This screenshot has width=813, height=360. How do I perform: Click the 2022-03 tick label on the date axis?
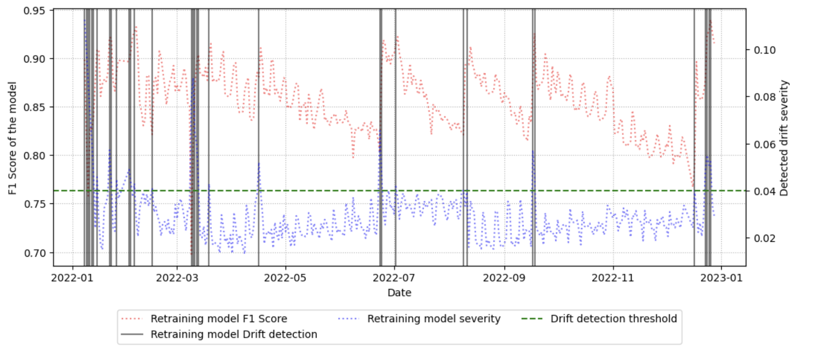(x=177, y=278)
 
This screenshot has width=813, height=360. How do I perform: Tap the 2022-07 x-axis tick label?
(x=394, y=278)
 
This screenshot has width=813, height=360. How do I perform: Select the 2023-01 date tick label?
(x=721, y=278)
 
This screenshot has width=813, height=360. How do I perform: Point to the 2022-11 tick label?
(x=613, y=278)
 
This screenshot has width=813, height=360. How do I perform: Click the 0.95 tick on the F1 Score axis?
(x=34, y=11)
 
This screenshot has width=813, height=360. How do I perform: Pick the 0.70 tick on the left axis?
(x=34, y=253)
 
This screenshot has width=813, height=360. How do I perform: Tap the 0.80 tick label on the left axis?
(x=34, y=156)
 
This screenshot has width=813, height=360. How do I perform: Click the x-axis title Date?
(x=399, y=293)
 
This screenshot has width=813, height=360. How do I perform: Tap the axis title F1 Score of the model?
(x=12, y=138)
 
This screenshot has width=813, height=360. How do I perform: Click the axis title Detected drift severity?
(x=784, y=138)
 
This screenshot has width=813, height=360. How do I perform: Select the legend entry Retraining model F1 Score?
(x=218, y=319)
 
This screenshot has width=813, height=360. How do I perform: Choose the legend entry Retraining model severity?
(x=433, y=319)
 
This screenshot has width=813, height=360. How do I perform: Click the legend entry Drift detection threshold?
(x=613, y=319)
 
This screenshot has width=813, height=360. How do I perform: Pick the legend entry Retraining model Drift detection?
(x=233, y=334)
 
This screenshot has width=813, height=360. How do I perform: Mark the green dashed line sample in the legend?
(x=532, y=319)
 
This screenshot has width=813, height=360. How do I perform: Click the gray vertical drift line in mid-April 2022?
(x=259, y=110)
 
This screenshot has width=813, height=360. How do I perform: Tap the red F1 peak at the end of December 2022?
(x=711, y=21)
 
